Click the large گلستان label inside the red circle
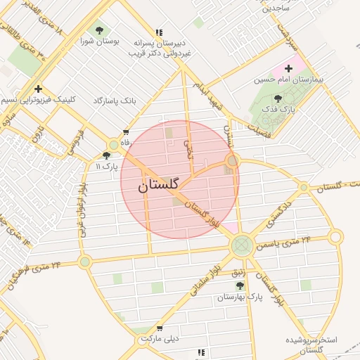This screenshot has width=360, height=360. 160,186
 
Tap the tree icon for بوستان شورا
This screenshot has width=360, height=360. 98,30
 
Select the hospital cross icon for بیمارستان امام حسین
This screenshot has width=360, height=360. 288,68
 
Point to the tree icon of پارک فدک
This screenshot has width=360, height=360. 278,99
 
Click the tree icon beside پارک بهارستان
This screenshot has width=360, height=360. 240,285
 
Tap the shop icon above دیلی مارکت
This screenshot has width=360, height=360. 160,328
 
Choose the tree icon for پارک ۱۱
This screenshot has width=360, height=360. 106,156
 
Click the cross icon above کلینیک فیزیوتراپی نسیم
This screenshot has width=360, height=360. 38,89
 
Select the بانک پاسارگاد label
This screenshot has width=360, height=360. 115,101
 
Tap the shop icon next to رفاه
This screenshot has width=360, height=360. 126,131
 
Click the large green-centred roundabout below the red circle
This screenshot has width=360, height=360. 242,245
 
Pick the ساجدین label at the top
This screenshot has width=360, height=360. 276,8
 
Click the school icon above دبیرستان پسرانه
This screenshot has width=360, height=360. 159,32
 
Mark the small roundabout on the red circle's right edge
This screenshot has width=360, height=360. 233,161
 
